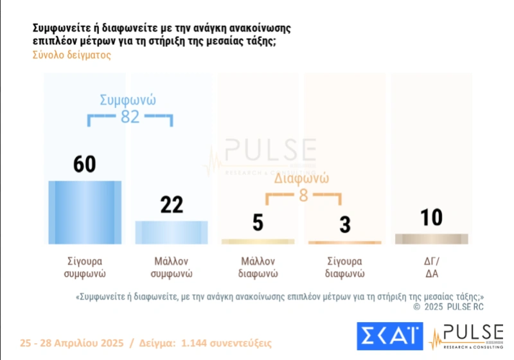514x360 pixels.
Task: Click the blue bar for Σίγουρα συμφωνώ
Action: pyautogui.click(x=85, y=212)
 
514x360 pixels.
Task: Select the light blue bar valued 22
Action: pyautogui.click(x=171, y=232)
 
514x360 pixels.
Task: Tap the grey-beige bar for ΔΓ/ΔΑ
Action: pyautogui.click(x=431, y=239)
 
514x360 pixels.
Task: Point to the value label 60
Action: pyautogui.click(x=85, y=164)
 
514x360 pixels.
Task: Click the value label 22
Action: pyautogui.click(x=171, y=204)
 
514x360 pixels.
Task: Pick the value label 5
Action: pyautogui.click(x=258, y=223)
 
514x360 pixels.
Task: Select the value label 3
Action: pyautogui.click(x=345, y=224)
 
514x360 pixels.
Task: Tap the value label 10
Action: pyautogui.click(x=431, y=217)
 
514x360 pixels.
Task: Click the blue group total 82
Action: pyautogui.click(x=130, y=117)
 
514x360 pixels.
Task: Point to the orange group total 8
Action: pyautogui.click(x=303, y=195)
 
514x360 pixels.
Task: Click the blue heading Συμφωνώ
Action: pyautogui.click(x=128, y=100)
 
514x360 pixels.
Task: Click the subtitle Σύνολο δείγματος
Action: pyautogui.click(x=72, y=55)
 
